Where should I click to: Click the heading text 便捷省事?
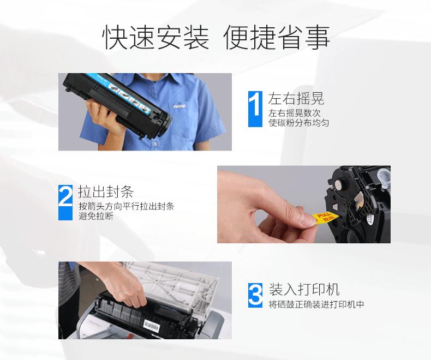pyautogui.click(x=277, y=37)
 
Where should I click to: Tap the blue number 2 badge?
pyautogui.click(x=65, y=202)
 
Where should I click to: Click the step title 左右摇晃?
pyautogui.click(x=296, y=99)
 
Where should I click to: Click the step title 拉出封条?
pyautogui.click(x=106, y=192)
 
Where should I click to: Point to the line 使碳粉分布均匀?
pyautogui.click(x=298, y=123)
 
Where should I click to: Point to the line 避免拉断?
pyautogui.click(x=96, y=217)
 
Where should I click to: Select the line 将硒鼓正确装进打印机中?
pyautogui.click(x=316, y=304)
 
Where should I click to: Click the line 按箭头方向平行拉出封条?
pyautogui.click(x=126, y=206)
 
